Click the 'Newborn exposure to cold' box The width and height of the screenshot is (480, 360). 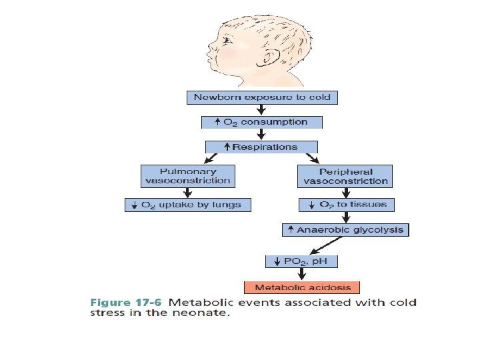click(261, 97)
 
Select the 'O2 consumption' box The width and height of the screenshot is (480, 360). click(262, 122)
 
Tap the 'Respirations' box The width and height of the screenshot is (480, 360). click(261, 147)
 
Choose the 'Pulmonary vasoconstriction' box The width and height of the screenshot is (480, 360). click(187, 176)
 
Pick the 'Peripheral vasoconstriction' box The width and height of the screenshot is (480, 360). click(345, 176)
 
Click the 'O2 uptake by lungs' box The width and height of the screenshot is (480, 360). click(187, 205)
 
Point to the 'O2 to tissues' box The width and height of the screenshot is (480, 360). click(345, 204)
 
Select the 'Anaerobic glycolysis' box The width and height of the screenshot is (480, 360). click(345, 230)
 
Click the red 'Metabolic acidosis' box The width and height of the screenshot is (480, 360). click(302, 287)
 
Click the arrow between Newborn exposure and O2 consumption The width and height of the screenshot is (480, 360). click(261, 110)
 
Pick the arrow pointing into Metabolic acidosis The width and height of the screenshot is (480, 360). click(302, 273)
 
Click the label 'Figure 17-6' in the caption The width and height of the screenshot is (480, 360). click(126, 303)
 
